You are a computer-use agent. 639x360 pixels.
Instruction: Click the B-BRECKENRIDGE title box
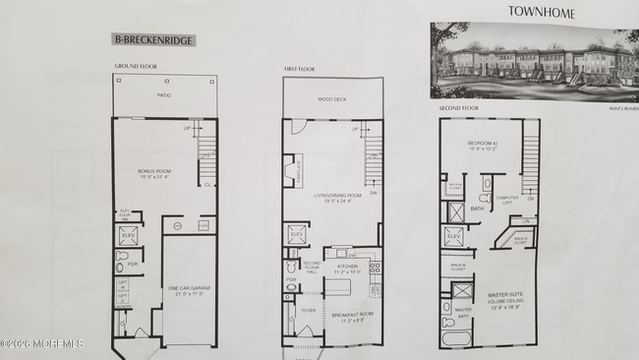tap(153, 40)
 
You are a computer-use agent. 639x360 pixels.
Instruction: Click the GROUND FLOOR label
tap(136, 67)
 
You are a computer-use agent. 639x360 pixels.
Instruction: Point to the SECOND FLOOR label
tap(458, 108)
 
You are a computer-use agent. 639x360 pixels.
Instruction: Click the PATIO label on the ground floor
tap(164, 95)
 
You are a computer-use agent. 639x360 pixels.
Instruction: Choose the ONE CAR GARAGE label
tap(191, 290)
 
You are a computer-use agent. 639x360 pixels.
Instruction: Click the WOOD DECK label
tap(332, 100)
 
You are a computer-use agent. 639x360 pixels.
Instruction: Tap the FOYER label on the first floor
tap(307, 308)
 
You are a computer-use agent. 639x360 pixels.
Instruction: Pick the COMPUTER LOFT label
tap(507, 199)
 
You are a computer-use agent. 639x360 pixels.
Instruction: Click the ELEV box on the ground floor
tap(129, 236)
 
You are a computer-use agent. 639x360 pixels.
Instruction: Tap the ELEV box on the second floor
tap(454, 237)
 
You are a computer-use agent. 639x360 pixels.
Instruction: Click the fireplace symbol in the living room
tap(290, 171)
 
